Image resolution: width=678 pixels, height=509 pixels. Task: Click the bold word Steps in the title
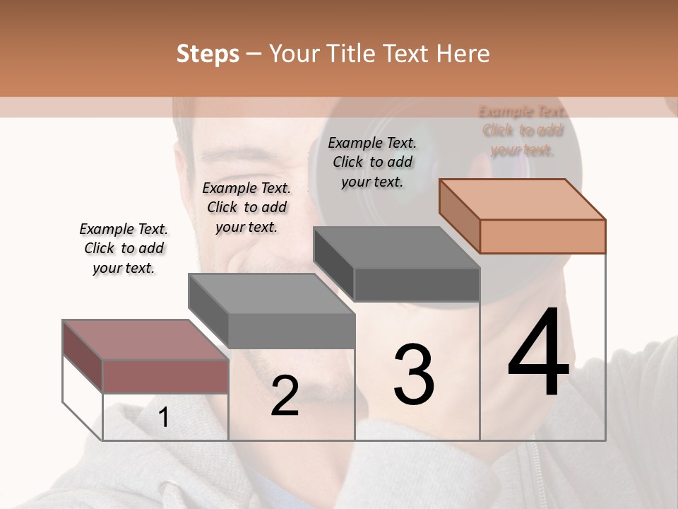(208, 54)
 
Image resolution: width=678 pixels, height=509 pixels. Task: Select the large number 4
(538, 353)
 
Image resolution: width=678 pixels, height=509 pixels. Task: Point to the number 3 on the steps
(413, 374)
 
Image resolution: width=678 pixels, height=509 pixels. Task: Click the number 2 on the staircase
(285, 396)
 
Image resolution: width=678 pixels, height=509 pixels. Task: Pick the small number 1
(163, 418)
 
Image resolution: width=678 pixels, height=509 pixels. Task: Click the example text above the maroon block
(124, 248)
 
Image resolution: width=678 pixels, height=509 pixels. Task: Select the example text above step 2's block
(246, 207)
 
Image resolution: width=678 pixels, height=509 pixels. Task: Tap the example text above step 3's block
(372, 162)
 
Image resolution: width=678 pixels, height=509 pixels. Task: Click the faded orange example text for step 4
(523, 130)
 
